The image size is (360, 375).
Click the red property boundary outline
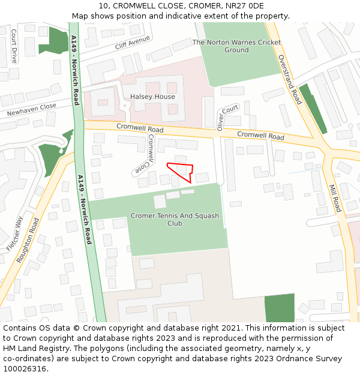[x=181, y=170]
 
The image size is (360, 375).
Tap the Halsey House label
[x=152, y=97]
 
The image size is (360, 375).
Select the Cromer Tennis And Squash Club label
[x=175, y=220]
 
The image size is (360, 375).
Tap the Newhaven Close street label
[x=31, y=110]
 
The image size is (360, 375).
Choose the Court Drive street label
[x=14, y=47]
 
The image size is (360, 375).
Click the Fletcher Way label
[x=15, y=233]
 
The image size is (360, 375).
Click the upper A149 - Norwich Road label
[x=74, y=70]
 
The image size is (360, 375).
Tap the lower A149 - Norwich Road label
[x=84, y=209]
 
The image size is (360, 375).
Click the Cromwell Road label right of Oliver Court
[x=260, y=136]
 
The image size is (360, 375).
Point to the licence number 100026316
[x=25, y=369]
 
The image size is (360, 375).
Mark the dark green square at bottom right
[x=280, y=308]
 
